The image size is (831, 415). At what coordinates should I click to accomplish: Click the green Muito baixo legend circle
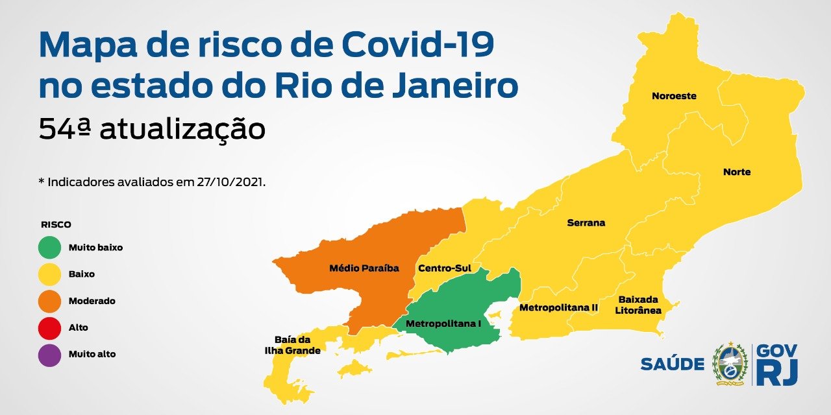51,247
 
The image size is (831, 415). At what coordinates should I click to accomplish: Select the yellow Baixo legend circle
51,274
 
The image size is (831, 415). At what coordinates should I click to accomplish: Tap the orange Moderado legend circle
51,301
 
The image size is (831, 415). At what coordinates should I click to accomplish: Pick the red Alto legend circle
51,327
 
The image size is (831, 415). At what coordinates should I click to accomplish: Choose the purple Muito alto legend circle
51,354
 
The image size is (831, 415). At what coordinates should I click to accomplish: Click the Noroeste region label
674,96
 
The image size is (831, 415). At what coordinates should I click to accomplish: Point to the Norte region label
737,172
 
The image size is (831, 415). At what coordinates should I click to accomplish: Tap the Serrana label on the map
586,222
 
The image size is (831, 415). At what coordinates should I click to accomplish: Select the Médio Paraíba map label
364,267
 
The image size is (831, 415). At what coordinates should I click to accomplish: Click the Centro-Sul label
445,267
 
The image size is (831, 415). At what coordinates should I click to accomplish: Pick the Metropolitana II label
558,307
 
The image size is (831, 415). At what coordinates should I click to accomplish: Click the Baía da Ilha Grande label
292,345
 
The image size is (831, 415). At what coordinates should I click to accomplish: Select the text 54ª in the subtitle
64,129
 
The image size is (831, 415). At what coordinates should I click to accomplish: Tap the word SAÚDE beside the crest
672,364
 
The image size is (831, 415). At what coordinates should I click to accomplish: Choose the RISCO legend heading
56,224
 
